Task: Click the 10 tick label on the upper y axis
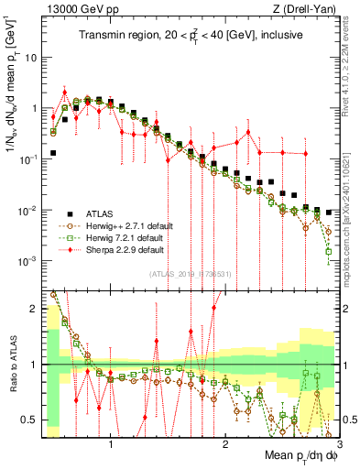point(31,57)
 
